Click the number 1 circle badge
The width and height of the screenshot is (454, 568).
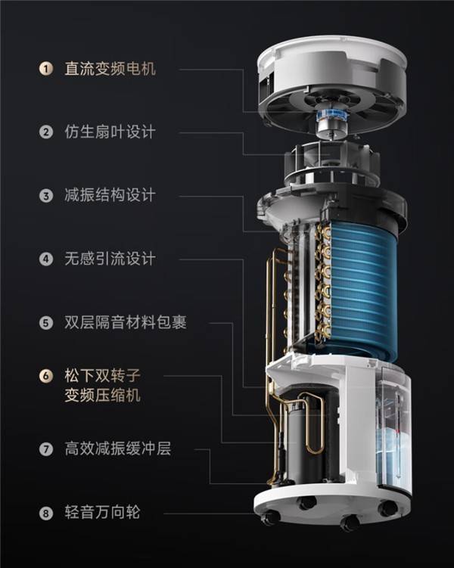(x=46, y=69)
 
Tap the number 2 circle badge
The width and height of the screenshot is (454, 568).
(x=46, y=132)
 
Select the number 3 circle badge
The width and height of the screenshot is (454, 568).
(x=46, y=196)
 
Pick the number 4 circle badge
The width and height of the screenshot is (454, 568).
(x=46, y=259)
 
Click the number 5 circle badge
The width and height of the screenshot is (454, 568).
(x=46, y=322)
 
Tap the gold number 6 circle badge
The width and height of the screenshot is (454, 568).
(x=46, y=376)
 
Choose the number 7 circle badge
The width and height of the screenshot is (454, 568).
(x=46, y=449)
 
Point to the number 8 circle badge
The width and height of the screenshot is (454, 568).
(x=46, y=513)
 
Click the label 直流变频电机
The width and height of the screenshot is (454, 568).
(x=110, y=69)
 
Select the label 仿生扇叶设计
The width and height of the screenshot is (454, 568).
(x=110, y=132)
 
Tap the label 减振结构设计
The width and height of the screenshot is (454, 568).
(x=110, y=195)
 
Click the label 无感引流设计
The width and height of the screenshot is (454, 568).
(x=110, y=259)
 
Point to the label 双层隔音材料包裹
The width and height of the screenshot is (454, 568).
(x=126, y=322)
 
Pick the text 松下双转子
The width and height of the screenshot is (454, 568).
(x=103, y=375)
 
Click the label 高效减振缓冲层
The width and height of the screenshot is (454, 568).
(x=118, y=449)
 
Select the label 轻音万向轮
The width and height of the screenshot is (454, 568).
(x=103, y=513)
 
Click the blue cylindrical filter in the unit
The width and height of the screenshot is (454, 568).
(x=362, y=290)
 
